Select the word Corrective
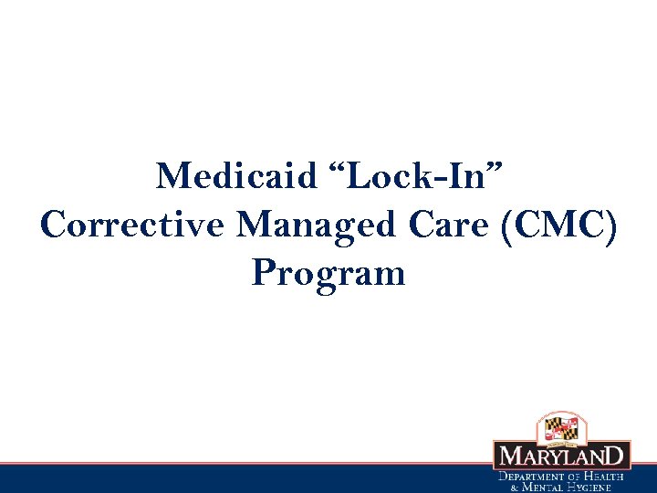coord(130,224)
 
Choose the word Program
coord(328,272)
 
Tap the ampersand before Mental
coord(513,488)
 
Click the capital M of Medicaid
coord(170,174)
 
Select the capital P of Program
coord(265,271)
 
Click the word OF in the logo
coord(577,477)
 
